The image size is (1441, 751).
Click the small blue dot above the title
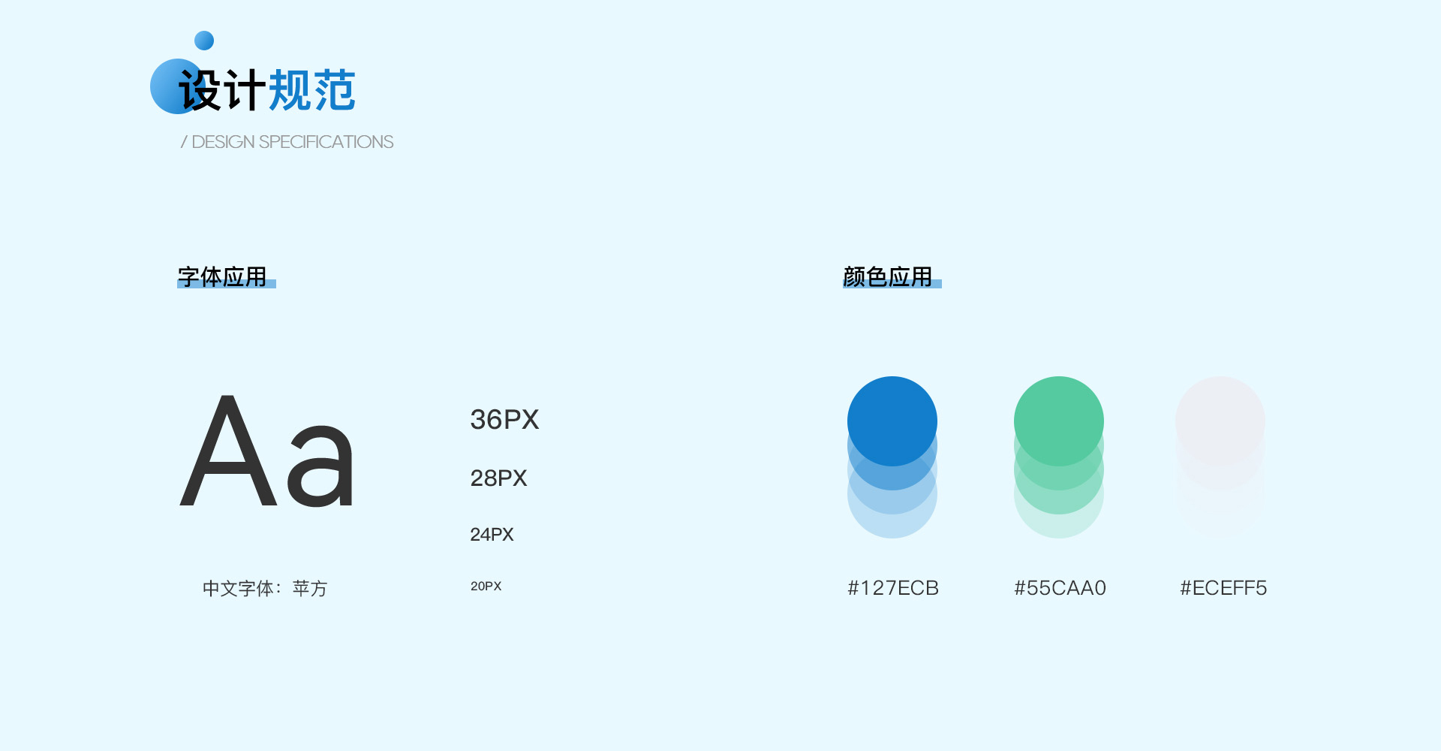(x=204, y=41)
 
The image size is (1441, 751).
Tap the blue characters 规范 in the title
(x=311, y=90)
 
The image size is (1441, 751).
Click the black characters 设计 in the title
(x=222, y=90)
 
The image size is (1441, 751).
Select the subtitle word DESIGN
(x=223, y=142)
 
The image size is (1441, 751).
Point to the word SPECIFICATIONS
(x=326, y=142)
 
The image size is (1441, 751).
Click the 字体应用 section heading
(x=222, y=276)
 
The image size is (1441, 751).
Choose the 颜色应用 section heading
(x=887, y=276)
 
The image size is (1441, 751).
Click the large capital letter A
(x=229, y=451)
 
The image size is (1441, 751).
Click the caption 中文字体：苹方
(x=265, y=588)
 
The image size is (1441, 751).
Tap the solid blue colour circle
(x=892, y=421)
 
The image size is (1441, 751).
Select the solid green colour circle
(x=1059, y=421)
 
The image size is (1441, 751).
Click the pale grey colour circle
(x=1220, y=421)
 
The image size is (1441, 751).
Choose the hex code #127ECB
(x=893, y=588)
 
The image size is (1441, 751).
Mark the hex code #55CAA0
(x=1060, y=588)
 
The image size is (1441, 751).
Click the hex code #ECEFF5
(x=1223, y=588)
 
